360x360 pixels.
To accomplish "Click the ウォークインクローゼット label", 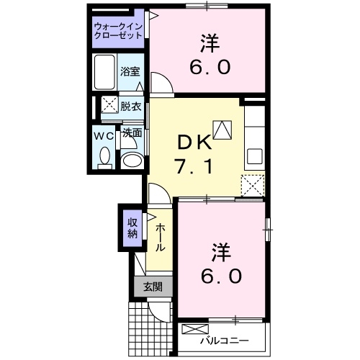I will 118,32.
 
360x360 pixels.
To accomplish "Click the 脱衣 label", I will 130,104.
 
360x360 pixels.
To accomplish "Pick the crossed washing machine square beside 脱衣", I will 109,105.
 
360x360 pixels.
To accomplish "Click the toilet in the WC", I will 104,156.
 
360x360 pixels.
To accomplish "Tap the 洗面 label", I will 131,133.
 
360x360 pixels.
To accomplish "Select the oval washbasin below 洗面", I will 130,160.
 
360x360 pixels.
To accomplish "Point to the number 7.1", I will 192,168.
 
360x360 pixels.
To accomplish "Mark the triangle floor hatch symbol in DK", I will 224,130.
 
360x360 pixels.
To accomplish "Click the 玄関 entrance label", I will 152,287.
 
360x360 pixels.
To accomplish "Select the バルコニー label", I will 225,339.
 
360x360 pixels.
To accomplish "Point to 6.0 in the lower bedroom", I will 221,276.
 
